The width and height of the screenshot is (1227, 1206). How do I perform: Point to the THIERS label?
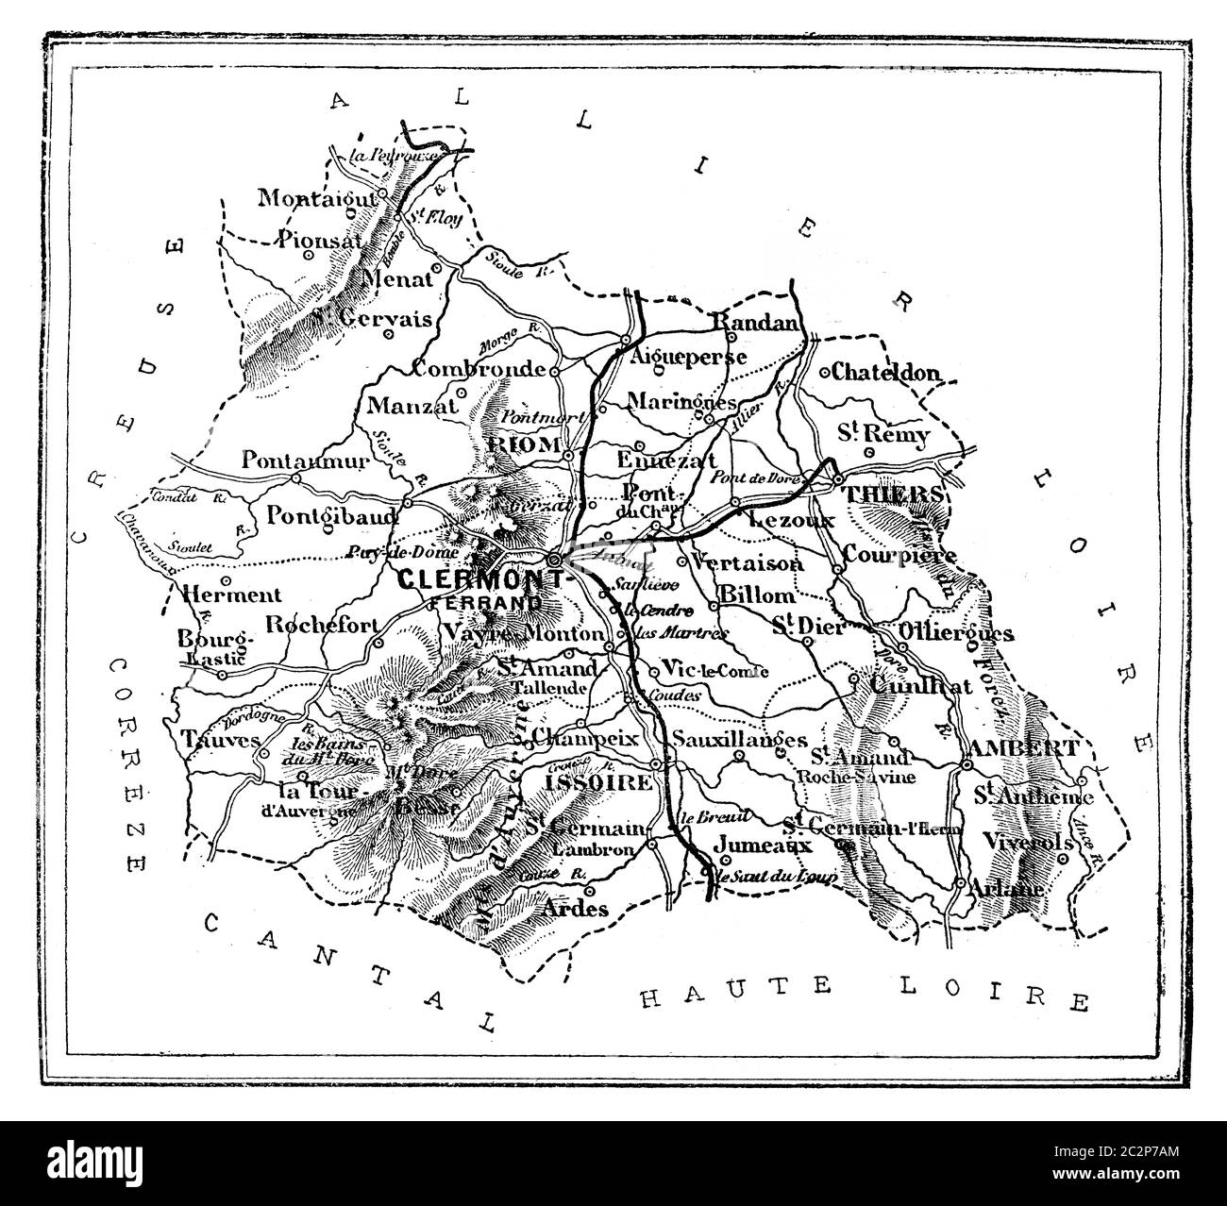(x=891, y=494)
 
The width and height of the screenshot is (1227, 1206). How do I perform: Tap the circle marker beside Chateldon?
(x=824, y=372)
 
